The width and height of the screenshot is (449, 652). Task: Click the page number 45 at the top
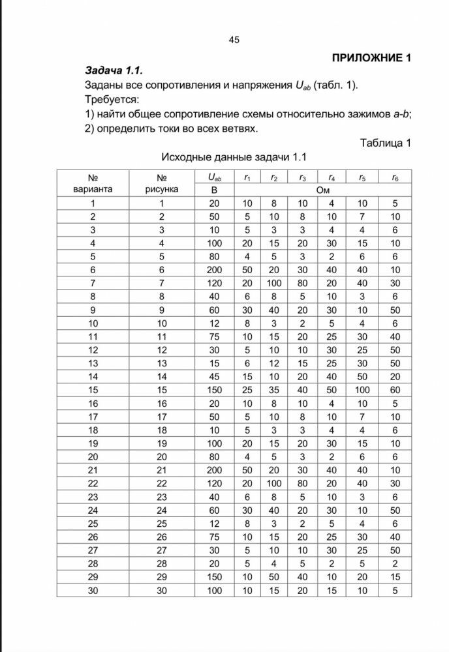click(x=234, y=40)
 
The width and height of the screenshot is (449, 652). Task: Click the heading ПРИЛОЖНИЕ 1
click(x=371, y=57)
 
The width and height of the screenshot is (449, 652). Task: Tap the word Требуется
click(x=112, y=100)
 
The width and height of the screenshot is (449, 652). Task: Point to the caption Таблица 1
click(x=385, y=143)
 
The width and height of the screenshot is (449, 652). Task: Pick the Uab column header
click(x=214, y=177)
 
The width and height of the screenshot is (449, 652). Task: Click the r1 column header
click(x=247, y=177)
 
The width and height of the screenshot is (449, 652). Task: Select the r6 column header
click(x=395, y=177)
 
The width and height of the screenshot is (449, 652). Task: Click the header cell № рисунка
click(x=162, y=183)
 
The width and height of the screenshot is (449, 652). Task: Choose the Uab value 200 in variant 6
click(x=214, y=269)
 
